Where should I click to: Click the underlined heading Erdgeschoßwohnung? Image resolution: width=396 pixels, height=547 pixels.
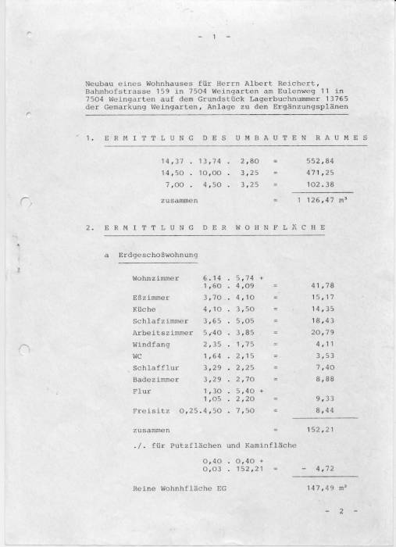(158, 256)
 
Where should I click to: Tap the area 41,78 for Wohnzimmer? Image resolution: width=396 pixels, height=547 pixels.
(323, 286)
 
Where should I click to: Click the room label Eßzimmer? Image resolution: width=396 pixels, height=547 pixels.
(149, 297)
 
